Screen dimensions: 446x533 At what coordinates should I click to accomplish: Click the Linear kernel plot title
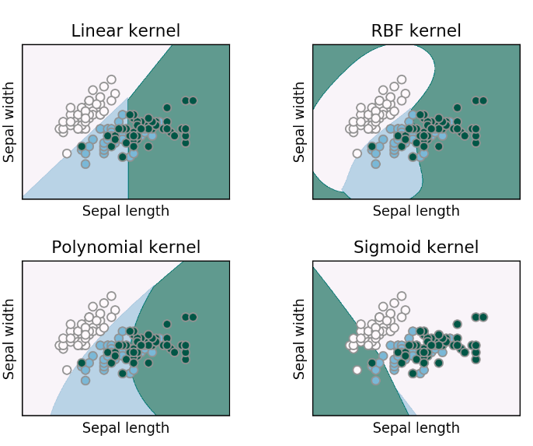pyautogui.click(x=125, y=32)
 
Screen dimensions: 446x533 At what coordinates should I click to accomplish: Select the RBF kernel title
pyautogui.click(x=416, y=32)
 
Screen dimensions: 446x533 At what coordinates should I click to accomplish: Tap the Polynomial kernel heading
pyautogui.click(x=125, y=248)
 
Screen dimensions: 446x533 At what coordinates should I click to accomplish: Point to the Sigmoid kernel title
pyautogui.click(x=416, y=248)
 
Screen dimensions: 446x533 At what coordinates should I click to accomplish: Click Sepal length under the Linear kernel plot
pyautogui.click(x=125, y=211)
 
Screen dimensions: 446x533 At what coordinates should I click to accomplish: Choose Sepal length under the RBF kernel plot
pyautogui.click(x=416, y=211)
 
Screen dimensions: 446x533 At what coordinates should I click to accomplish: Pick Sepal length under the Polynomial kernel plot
pyautogui.click(x=125, y=428)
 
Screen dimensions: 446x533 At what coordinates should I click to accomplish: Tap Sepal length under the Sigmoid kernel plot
pyautogui.click(x=416, y=428)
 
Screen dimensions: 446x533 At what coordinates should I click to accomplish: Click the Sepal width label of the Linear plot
pyautogui.click(x=9, y=122)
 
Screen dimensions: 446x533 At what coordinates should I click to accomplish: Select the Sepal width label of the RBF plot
pyautogui.click(x=300, y=122)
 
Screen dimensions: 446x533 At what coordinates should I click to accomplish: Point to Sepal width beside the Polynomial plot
pyautogui.click(x=9, y=339)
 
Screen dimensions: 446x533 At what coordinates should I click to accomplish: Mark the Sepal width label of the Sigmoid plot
pyautogui.click(x=300, y=339)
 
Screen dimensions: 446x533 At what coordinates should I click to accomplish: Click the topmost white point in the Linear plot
pyautogui.click(x=111, y=79)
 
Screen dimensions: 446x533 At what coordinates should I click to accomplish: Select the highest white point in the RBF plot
pyautogui.click(x=402, y=79)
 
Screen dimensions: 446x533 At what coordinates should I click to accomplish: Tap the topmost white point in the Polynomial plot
pyautogui.click(x=111, y=296)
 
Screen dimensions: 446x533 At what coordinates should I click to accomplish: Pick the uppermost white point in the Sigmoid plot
pyautogui.click(x=402, y=296)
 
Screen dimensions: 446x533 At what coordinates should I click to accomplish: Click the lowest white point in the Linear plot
pyautogui.click(x=67, y=153)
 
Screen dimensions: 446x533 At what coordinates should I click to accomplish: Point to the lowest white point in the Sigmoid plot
pyautogui.click(x=357, y=370)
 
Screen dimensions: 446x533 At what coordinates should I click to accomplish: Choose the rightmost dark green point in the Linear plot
pyautogui.click(x=193, y=100)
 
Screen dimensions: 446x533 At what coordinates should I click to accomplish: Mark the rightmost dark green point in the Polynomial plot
pyautogui.click(x=193, y=317)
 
